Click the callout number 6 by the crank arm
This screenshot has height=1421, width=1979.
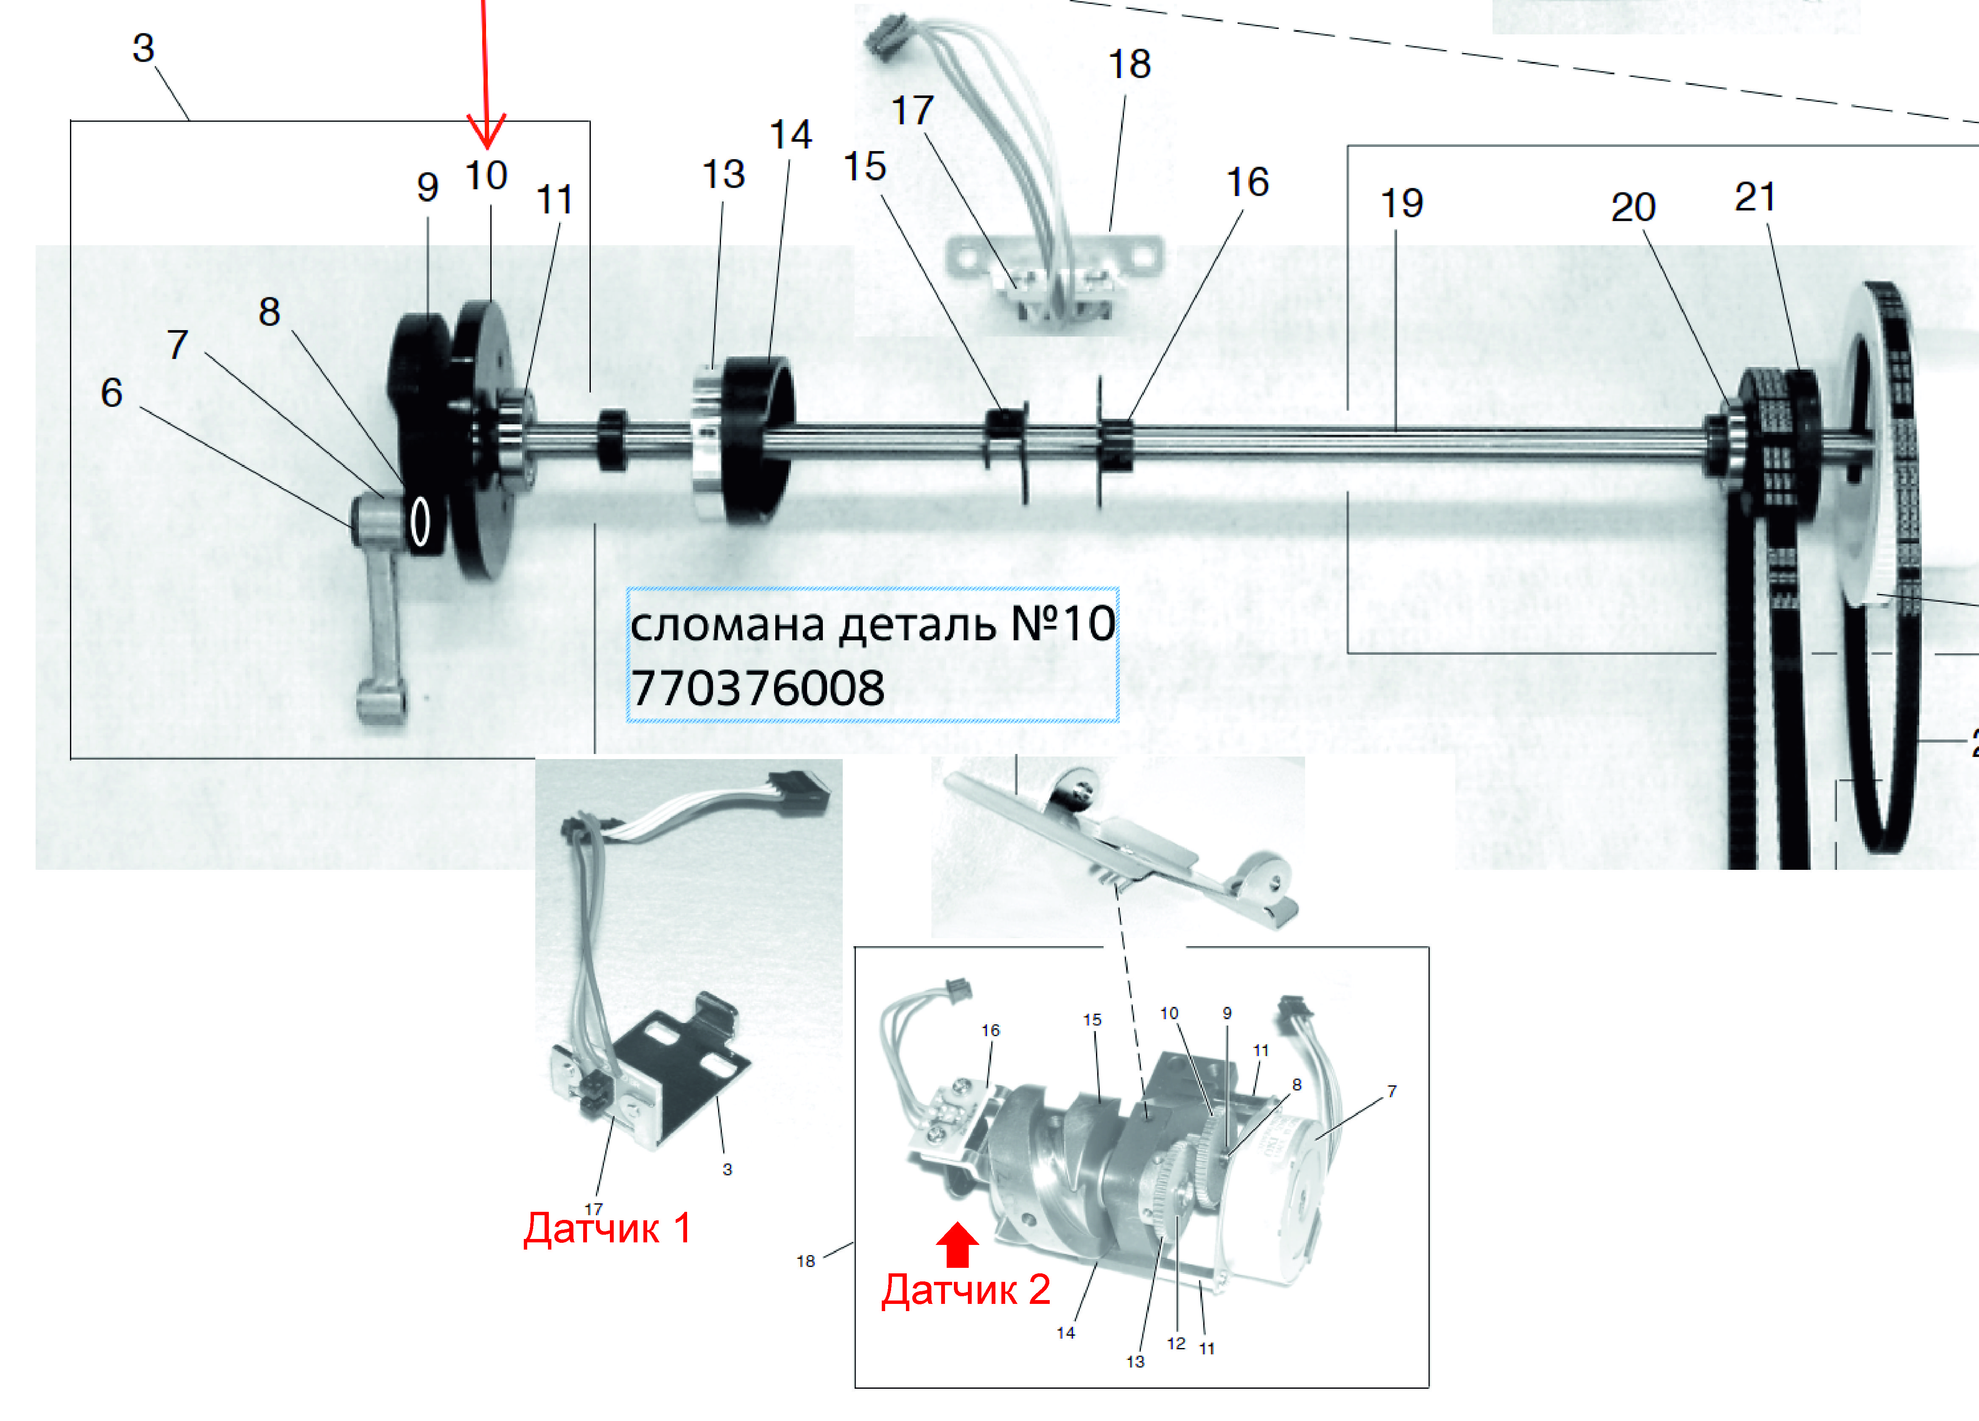coord(112,393)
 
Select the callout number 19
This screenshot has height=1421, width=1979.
coord(1401,203)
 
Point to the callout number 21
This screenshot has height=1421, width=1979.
coord(1755,197)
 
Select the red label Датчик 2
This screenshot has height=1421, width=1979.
coord(966,1289)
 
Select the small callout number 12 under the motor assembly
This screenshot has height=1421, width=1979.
coord(1176,1343)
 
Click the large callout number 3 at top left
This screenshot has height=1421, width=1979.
coord(143,48)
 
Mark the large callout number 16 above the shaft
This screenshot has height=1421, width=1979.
coord(1247,182)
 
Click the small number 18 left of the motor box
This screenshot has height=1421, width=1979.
coord(805,1261)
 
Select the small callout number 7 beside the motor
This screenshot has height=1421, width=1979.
coord(1392,1091)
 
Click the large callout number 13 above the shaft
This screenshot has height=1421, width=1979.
coord(724,174)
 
